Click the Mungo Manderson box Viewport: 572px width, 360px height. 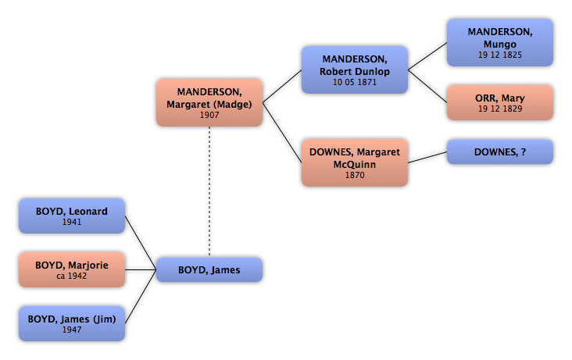[x=500, y=43]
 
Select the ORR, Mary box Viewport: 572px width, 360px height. [x=500, y=102]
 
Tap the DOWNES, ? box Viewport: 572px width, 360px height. [x=500, y=151]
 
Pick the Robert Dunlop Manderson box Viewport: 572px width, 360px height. [x=355, y=70]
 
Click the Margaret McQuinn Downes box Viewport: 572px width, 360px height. [x=355, y=162]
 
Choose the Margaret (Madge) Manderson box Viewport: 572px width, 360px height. [x=209, y=102]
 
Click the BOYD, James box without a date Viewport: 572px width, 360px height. [x=209, y=269]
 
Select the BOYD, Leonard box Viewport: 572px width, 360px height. [x=72, y=216]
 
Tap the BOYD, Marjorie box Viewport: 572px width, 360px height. [x=72, y=269]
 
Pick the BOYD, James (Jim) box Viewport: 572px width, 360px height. [x=72, y=323]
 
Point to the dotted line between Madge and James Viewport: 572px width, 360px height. [x=209, y=192]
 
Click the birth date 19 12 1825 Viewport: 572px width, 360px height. [x=500, y=55]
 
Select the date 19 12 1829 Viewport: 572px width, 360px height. [x=500, y=109]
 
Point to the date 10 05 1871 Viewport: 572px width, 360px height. [x=355, y=82]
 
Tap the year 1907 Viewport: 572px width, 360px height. [x=209, y=115]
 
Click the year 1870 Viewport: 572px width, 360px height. [x=355, y=175]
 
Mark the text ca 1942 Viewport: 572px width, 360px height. [x=72, y=276]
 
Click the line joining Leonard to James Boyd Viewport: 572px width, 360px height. [x=141, y=243]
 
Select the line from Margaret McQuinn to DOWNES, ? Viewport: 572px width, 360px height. [x=427, y=157]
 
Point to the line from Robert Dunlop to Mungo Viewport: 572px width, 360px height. [x=427, y=56]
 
